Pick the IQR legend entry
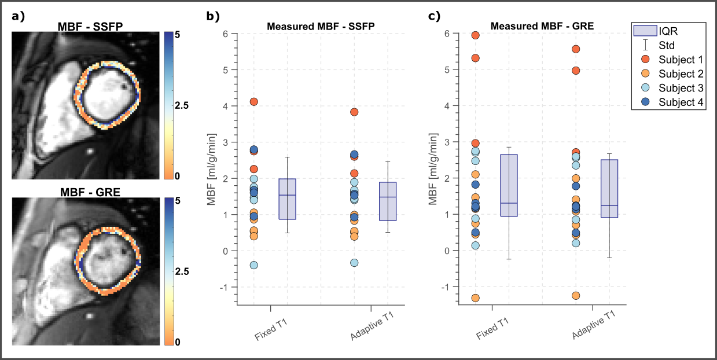665,31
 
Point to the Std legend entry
665,45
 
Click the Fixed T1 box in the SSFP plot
288,199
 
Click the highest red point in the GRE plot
476,36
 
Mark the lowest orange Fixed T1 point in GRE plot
476,298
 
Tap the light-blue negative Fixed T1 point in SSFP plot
253,265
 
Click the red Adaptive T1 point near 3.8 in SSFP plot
354,112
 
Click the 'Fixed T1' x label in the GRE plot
493,326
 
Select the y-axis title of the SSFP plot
213,168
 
